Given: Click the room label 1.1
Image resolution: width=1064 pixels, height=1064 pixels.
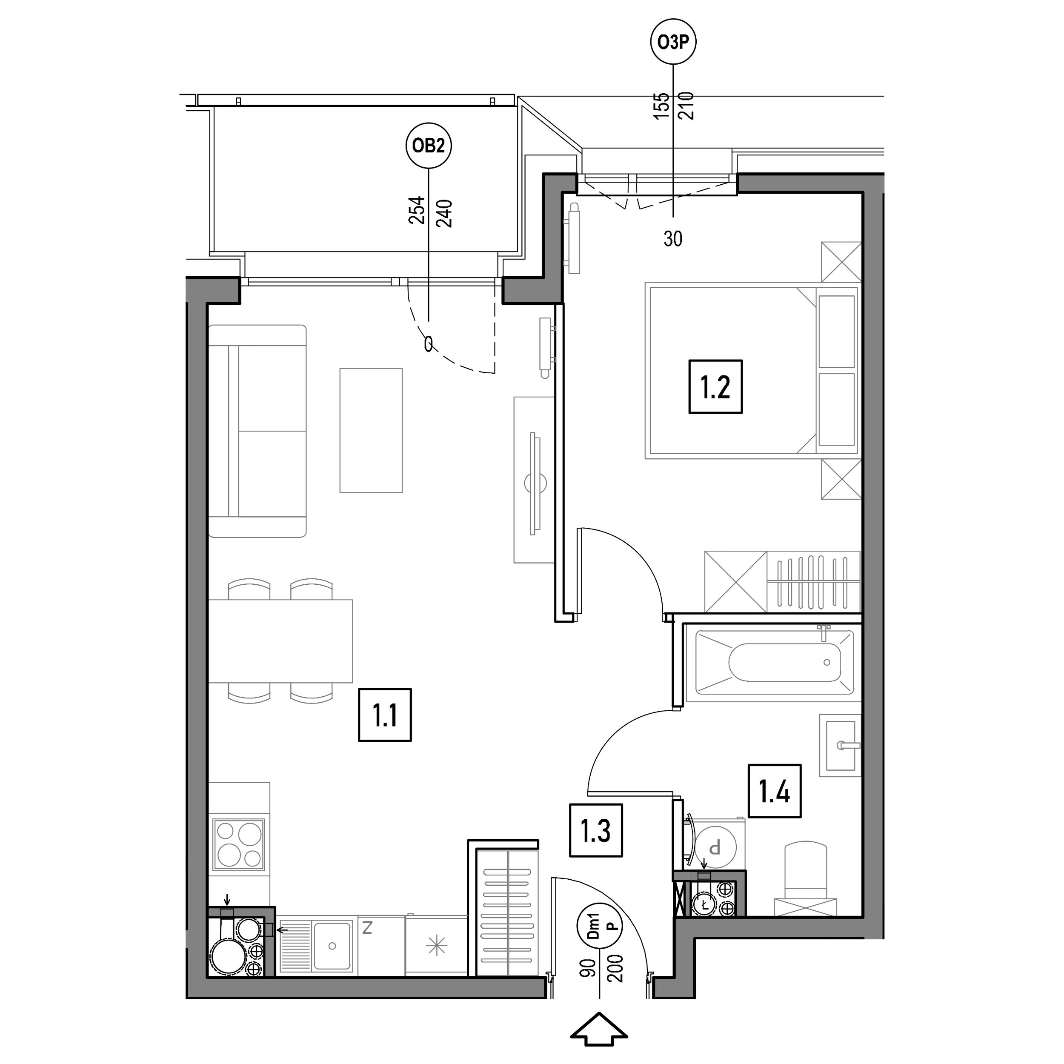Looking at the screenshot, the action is [385, 715].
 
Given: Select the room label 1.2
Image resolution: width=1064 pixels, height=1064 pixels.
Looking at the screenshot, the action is [715, 386].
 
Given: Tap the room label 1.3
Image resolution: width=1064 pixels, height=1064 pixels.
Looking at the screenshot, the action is [596, 830].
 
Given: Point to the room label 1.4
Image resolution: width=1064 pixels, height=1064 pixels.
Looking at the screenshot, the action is [774, 791].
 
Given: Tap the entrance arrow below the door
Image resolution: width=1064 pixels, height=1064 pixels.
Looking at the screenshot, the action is [599, 1028].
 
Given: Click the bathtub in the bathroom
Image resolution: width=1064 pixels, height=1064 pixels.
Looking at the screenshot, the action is [774, 663].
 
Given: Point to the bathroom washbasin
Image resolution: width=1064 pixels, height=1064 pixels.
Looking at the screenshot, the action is [840, 745].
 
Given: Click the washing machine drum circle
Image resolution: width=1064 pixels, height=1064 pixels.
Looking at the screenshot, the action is [715, 847].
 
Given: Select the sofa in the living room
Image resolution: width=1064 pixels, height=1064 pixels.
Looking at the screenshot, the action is [257, 431].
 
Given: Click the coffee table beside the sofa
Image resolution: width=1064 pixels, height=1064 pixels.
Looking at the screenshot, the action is [371, 430].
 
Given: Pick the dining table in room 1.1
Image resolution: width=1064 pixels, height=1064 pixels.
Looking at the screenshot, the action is [280, 641].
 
